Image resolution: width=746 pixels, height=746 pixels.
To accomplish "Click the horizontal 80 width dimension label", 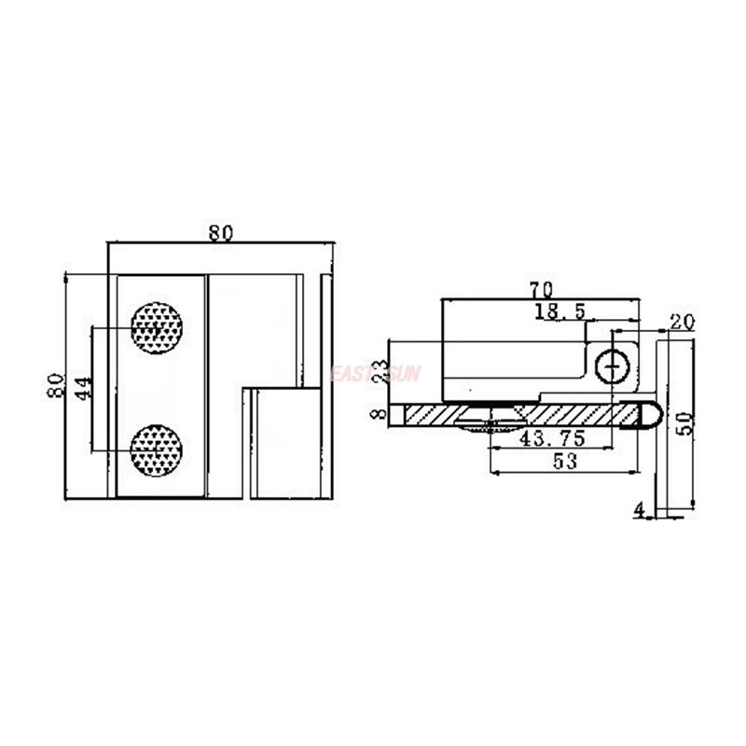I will tap(220, 233).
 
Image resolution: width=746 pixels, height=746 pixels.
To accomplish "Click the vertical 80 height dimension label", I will tap(55, 385).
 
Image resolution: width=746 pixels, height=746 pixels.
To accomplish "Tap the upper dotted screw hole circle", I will tap(157, 327).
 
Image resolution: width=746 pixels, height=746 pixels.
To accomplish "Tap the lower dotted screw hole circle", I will tap(157, 450).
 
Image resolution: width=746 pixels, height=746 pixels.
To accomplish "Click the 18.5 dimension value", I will tap(559, 311).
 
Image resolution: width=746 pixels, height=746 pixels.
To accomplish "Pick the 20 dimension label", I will tap(683, 323).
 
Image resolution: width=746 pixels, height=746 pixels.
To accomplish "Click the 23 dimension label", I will tap(378, 371).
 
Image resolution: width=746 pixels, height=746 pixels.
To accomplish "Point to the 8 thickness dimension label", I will tap(378, 414).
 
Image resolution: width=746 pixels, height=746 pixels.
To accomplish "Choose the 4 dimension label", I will tap(639, 510).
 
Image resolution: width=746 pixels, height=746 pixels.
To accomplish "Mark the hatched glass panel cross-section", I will tap(522, 414).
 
